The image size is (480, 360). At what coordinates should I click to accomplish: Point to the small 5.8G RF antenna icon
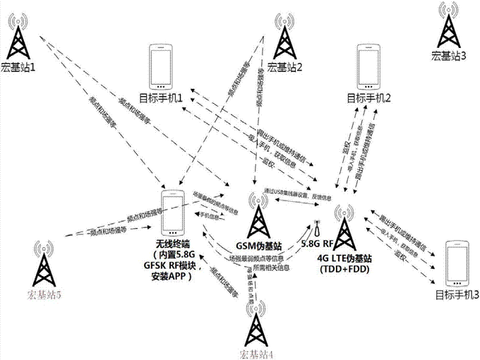pyautogui.click(x=316, y=230)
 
